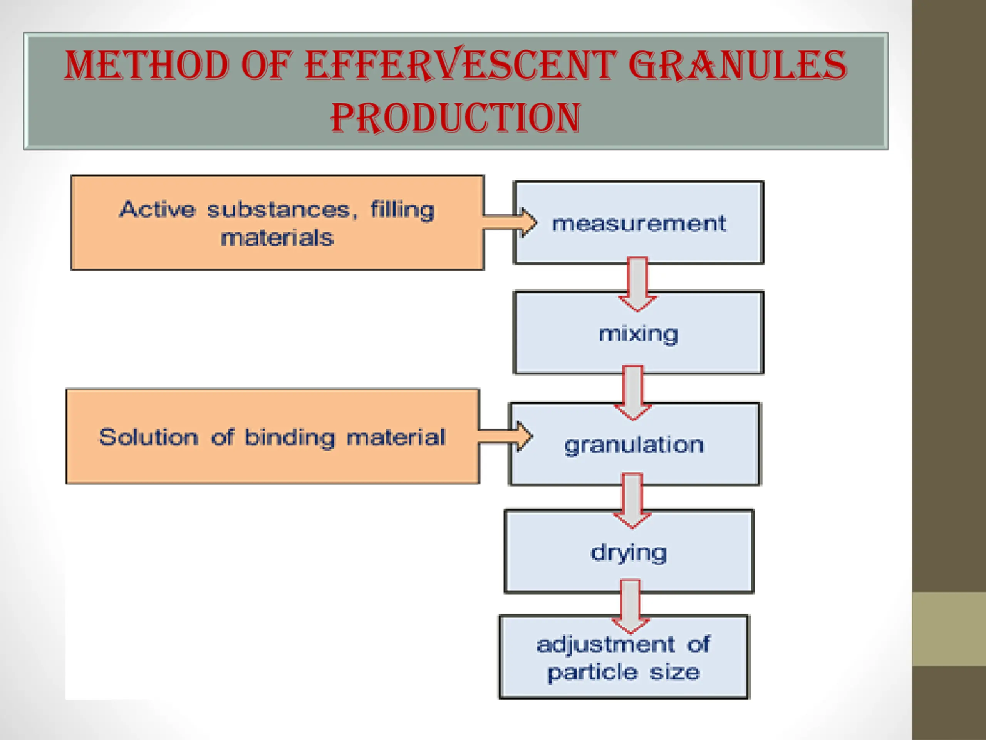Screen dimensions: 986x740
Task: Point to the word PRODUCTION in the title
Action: point(455,117)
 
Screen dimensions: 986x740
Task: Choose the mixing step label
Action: point(638,334)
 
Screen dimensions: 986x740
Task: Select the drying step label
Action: point(629,553)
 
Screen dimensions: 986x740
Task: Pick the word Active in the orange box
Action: point(158,210)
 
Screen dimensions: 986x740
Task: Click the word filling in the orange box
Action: point(402,210)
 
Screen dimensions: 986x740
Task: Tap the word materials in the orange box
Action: point(277,238)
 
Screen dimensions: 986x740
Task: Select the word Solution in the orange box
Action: point(148,437)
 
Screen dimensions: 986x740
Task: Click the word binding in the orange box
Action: point(290,437)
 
